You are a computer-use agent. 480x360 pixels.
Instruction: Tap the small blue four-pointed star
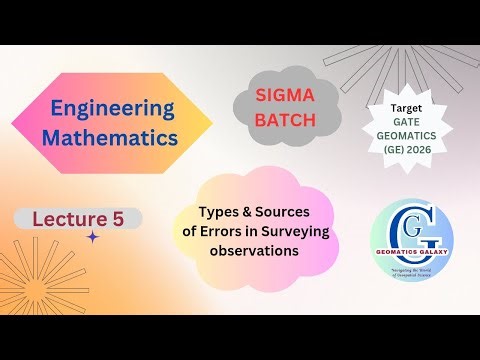pyautogui.click(x=93, y=237)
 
